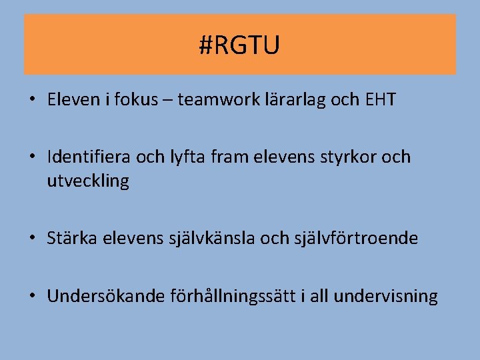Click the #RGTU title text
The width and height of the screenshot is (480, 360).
tap(239, 45)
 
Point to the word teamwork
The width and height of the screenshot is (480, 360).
tap(210, 100)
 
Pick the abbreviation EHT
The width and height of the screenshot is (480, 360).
tap(381, 100)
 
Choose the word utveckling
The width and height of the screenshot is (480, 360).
tap(88, 181)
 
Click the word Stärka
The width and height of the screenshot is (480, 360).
tap(73, 238)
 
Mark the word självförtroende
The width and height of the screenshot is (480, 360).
tap(356, 238)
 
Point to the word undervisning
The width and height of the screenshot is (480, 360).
tap(386, 296)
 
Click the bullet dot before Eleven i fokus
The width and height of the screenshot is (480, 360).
tap(32, 101)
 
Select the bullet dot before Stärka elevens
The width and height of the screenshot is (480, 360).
tap(32, 239)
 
